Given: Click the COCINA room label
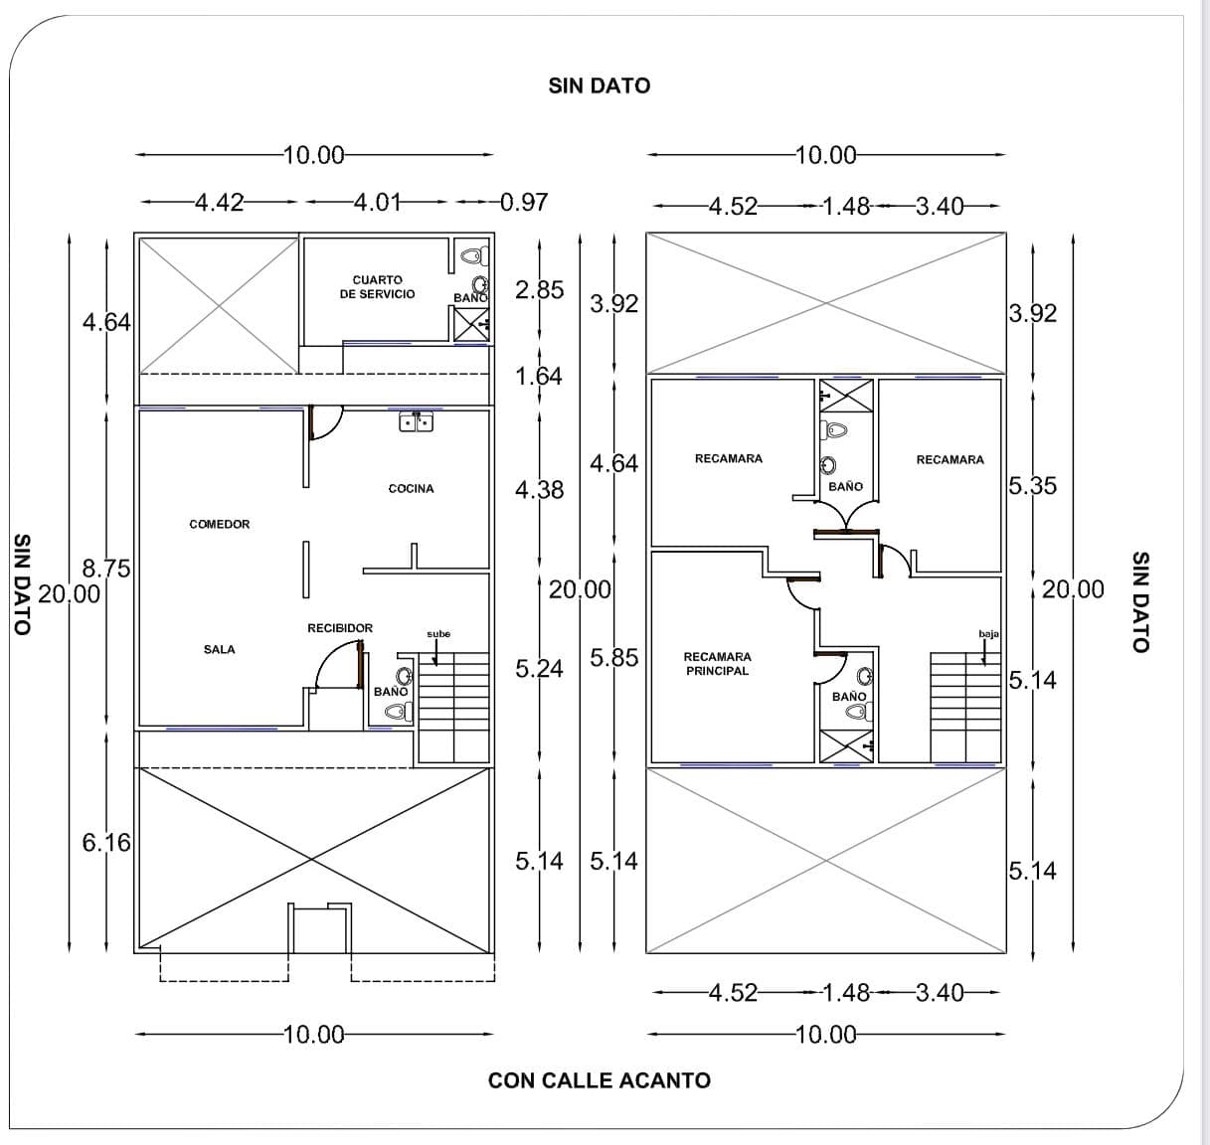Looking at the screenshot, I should (x=411, y=488).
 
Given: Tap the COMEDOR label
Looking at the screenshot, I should (x=220, y=524).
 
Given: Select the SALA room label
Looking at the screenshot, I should (x=220, y=649).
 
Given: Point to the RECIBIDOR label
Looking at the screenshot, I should (x=340, y=628).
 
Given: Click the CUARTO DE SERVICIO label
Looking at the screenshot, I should (x=377, y=287).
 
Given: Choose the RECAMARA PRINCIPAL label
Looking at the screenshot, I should (x=717, y=664).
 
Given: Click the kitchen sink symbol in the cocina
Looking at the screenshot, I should (x=416, y=422).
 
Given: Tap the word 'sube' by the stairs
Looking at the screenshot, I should (x=438, y=634).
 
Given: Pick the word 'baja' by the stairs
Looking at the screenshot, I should (x=988, y=634).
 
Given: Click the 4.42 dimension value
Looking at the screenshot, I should (x=219, y=203).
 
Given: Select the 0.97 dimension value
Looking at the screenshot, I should (x=524, y=203).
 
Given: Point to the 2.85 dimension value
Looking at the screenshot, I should (x=539, y=290).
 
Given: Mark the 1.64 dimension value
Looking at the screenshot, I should (x=539, y=377).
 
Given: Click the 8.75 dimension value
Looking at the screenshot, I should (x=105, y=569).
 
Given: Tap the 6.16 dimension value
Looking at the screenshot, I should (x=105, y=843).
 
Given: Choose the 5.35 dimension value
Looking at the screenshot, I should (x=1033, y=486).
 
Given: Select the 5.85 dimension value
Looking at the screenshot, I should (x=614, y=658).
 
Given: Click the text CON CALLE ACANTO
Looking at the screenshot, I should (x=600, y=1080).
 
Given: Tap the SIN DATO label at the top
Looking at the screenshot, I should (x=600, y=85).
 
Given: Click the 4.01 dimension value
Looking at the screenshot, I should (x=377, y=203).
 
